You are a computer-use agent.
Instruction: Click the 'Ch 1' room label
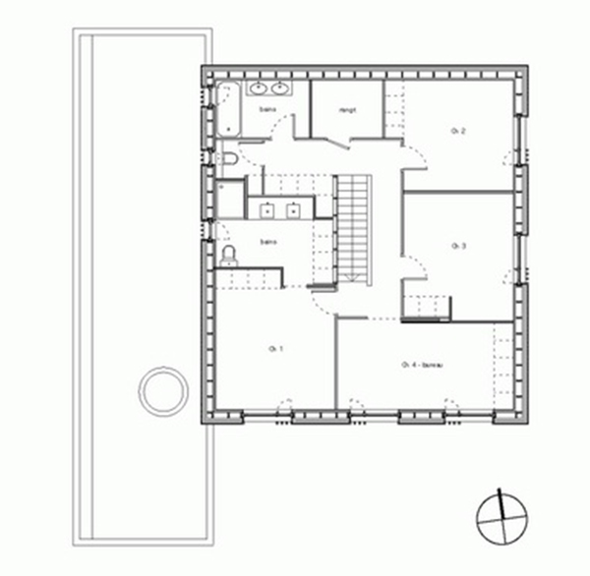274,349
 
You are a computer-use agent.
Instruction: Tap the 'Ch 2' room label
457,131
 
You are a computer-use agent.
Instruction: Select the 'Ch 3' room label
457,245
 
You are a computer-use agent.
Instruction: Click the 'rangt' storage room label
347,110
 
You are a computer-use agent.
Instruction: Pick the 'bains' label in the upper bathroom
266,110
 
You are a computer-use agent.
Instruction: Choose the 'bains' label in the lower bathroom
266,241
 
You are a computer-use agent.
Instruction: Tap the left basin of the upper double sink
259,90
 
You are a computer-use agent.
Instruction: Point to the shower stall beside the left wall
231,198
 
